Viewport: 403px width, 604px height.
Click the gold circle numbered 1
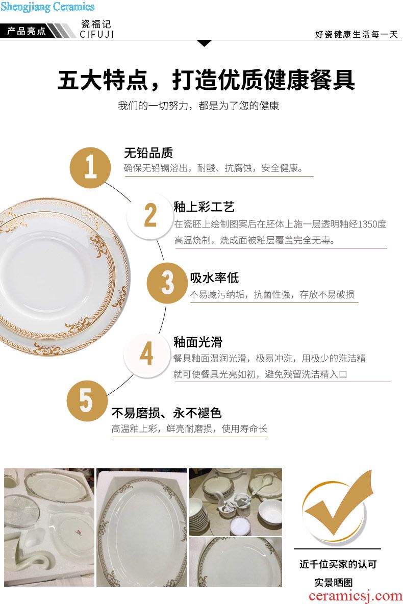click(x=90, y=167)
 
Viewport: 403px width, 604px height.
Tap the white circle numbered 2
click(x=150, y=215)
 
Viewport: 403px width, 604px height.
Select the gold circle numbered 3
click(x=167, y=283)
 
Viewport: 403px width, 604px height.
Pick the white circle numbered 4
click(x=146, y=354)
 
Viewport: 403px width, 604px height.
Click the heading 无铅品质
click(x=148, y=153)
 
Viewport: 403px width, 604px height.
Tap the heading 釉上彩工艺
click(x=204, y=207)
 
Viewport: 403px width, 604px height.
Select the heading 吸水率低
click(x=214, y=278)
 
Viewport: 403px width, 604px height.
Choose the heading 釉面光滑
click(x=197, y=342)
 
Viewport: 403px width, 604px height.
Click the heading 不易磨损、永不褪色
click(x=166, y=413)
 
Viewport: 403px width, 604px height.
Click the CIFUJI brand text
click(x=97, y=34)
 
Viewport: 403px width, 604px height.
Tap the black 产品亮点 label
click(x=26, y=31)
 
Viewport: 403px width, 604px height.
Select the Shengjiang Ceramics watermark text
click(x=47, y=7)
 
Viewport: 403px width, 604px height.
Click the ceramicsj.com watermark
click(x=356, y=596)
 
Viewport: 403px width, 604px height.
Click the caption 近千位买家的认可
click(x=338, y=564)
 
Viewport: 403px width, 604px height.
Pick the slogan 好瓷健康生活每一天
click(x=357, y=34)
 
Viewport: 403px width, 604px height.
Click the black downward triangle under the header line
click(x=204, y=43)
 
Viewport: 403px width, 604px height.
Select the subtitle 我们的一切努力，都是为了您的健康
click(x=198, y=106)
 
